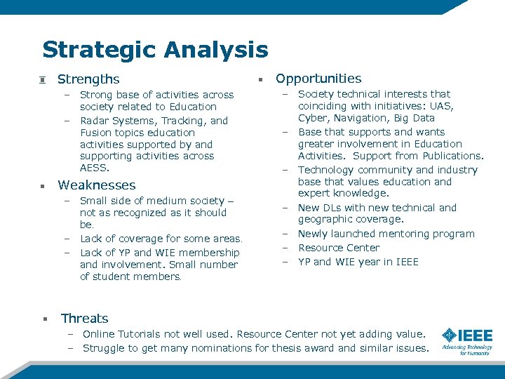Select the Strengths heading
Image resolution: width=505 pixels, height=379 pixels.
pyautogui.click(x=88, y=79)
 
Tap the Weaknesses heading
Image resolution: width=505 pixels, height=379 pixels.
pyautogui.click(x=97, y=185)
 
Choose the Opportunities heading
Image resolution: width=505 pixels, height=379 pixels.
pyautogui.click(x=318, y=79)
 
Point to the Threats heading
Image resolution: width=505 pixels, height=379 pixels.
pyautogui.click(x=84, y=319)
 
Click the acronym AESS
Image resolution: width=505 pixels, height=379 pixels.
pyautogui.click(x=95, y=168)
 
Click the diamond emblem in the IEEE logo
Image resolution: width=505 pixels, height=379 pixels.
pyautogui.click(x=449, y=336)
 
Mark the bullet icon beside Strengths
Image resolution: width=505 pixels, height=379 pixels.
pyautogui.click(x=43, y=79)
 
